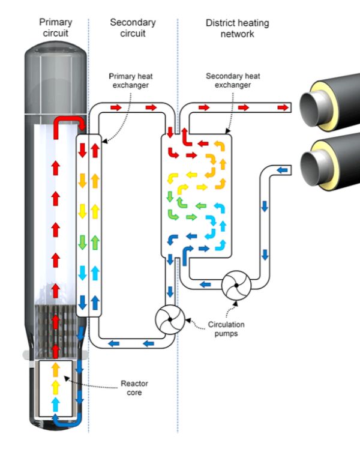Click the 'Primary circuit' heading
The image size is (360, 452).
tap(56, 28)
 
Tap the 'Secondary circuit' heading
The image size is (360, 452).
tap(133, 28)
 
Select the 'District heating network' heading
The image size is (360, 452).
tap(237, 28)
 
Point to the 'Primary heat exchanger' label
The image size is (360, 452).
tap(128, 80)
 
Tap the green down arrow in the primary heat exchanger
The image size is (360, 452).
tap(83, 243)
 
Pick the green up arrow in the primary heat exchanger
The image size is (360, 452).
tap(95, 243)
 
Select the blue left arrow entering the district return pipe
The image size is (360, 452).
tap(282, 171)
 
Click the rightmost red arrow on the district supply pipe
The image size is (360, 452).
tap(281, 107)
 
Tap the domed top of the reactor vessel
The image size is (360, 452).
tap(56, 66)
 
